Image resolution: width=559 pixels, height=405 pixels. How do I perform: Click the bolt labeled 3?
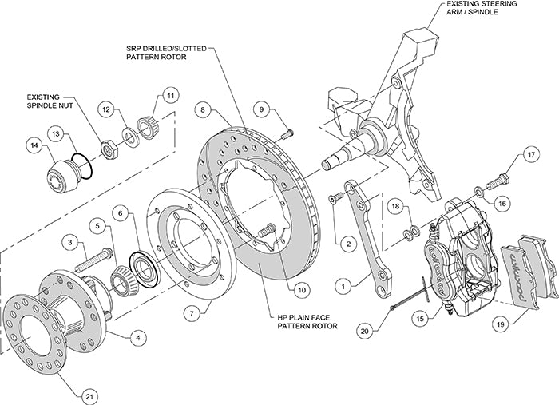[97, 258]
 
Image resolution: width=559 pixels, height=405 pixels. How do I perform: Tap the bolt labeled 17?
[501, 173]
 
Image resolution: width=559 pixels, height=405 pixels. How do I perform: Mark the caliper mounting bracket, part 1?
[359, 232]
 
